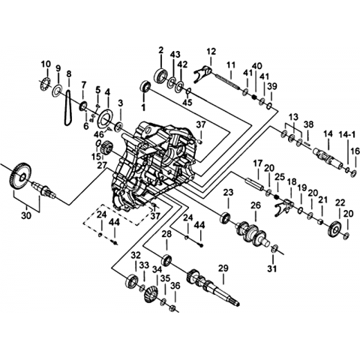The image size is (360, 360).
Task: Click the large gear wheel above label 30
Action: point(22,178)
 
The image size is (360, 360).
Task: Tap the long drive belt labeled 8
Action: point(66,107)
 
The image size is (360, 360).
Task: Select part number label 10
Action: point(46,64)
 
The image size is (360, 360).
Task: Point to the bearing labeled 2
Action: point(161,75)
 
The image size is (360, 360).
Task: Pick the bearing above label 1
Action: point(145,86)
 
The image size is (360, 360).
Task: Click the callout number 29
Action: point(223,268)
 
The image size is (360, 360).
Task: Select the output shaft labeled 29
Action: point(212,286)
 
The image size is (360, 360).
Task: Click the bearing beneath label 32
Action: point(132,281)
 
